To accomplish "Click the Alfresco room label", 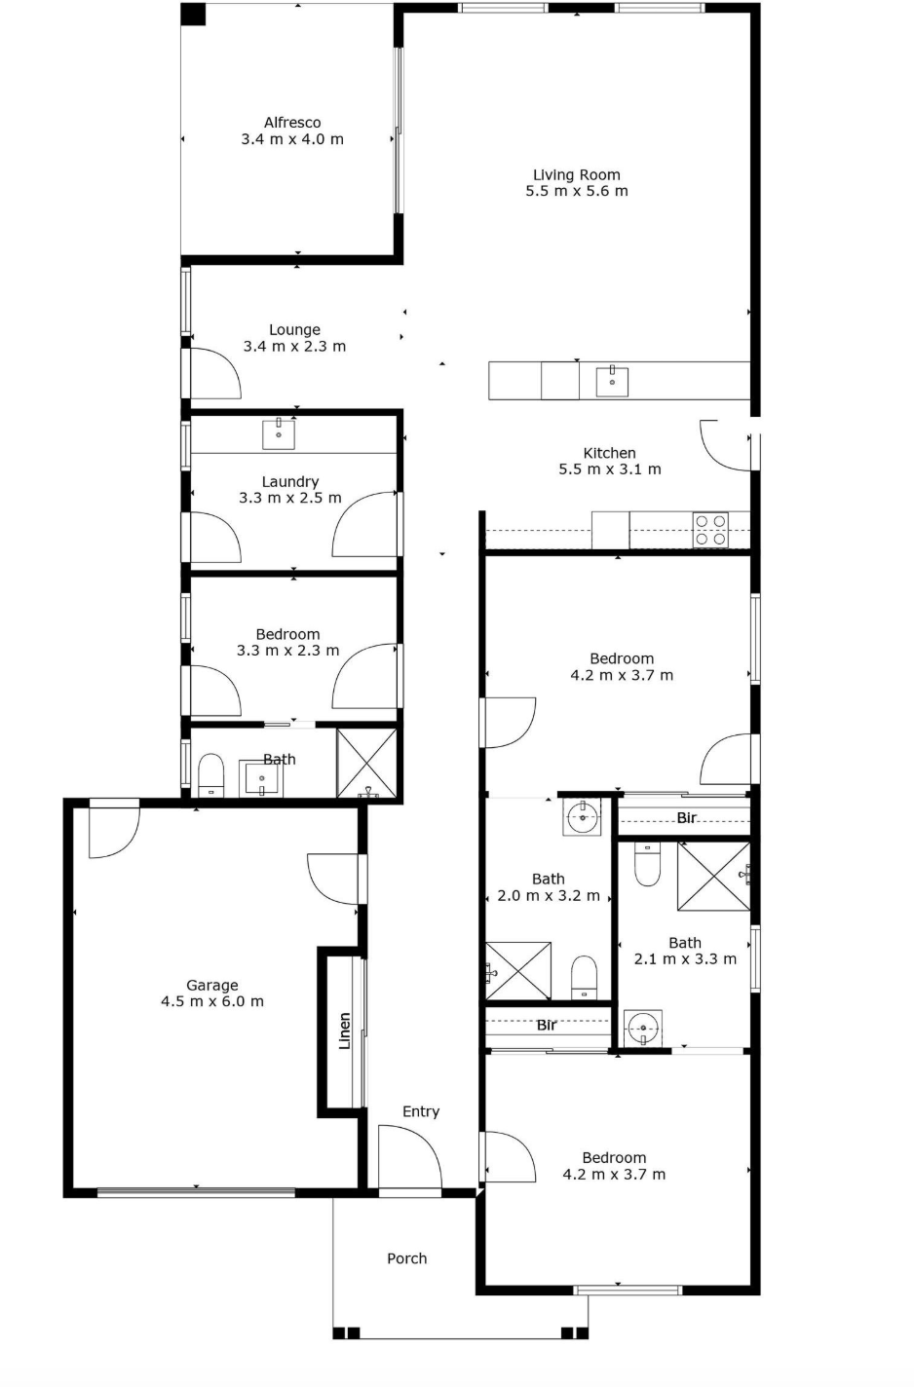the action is point(292,123).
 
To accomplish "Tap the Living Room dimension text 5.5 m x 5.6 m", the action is point(577,191).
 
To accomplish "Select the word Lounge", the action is point(294,330).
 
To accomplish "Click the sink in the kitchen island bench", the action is point(612,381).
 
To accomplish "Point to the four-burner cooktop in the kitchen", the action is point(711,530).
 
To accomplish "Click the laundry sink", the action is point(279,433).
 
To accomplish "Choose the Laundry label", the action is point(290,482).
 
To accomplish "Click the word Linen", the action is point(345,1031).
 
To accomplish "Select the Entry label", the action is point(421,1111).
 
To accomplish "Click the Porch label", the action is point(407,1258).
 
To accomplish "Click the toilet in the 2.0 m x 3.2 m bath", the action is point(584,977).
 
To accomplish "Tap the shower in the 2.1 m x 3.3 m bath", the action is point(714,877).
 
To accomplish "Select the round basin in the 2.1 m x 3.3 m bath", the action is point(643,1029).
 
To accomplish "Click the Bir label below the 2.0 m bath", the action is point(547,1026).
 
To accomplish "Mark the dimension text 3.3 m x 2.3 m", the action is point(288,651).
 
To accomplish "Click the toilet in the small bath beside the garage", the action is point(210,774).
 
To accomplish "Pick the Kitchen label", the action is point(609,453).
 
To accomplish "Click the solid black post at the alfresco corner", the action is point(193,15).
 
